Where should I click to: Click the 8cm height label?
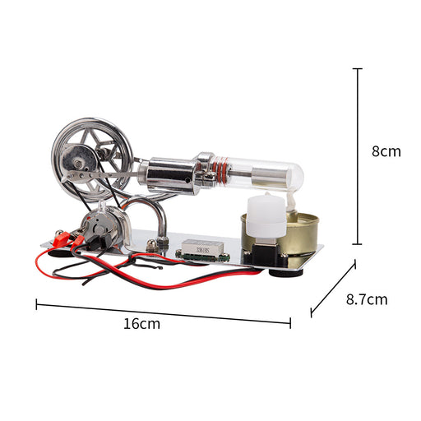386,151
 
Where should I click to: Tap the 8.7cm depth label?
367,299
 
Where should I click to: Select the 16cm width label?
141,324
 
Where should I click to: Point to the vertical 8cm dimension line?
357,156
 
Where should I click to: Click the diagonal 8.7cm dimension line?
333,289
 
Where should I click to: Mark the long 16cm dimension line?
164,313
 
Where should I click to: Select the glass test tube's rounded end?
297,175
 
